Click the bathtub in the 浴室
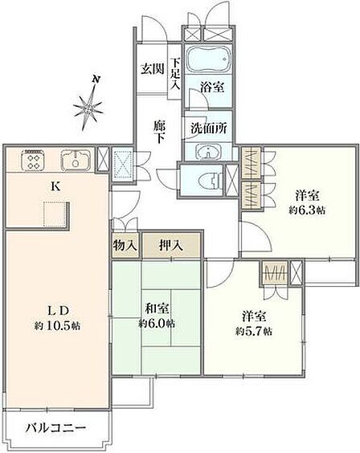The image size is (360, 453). (209, 59)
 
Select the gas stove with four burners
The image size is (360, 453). (32, 160)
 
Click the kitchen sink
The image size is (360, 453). (76, 160)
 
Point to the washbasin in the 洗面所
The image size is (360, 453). (208, 151)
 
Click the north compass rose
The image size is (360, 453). (88, 108)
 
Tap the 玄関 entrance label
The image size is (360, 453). (152, 69)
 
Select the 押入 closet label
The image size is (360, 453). (170, 245)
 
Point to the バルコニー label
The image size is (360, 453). (55, 427)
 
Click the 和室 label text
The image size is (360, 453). (157, 309)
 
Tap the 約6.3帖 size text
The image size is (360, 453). (307, 210)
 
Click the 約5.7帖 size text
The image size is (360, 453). (254, 331)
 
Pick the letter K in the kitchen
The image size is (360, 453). (55, 186)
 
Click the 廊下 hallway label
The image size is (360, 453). (159, 132)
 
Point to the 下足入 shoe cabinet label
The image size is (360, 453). (175, 74)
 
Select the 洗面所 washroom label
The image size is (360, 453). (209, 129)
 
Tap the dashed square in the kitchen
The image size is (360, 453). (55, 214)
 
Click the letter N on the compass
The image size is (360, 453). (96, 80)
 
